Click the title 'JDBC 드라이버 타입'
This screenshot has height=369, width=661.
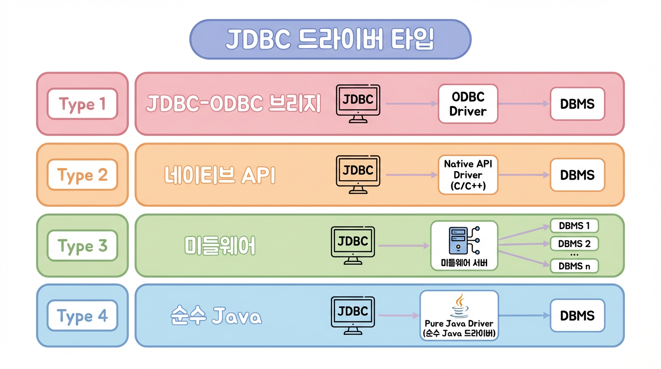(330, 39)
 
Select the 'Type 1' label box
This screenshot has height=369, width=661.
(82, 104)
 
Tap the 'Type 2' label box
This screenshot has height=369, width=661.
(82, 175)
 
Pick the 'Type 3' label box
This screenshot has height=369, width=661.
(82, 246)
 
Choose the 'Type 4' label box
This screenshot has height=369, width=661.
(82, 316)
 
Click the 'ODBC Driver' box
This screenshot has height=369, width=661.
(468, 104)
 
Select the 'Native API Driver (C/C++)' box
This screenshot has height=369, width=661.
(468, 175)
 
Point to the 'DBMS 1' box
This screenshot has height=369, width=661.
(574, 225)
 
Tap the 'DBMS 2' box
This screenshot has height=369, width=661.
(574, 244)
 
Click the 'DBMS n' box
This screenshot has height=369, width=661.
(574, 266)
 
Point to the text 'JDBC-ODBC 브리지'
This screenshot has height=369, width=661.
(233, 104)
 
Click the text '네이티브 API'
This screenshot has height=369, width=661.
(220, 175)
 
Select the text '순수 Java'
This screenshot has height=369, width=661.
(216, 317)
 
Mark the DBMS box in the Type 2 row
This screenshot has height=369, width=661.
(577, 175)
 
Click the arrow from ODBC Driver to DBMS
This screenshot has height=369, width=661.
(524, 104)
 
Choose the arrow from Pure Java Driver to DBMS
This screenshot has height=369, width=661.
(524, 316)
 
